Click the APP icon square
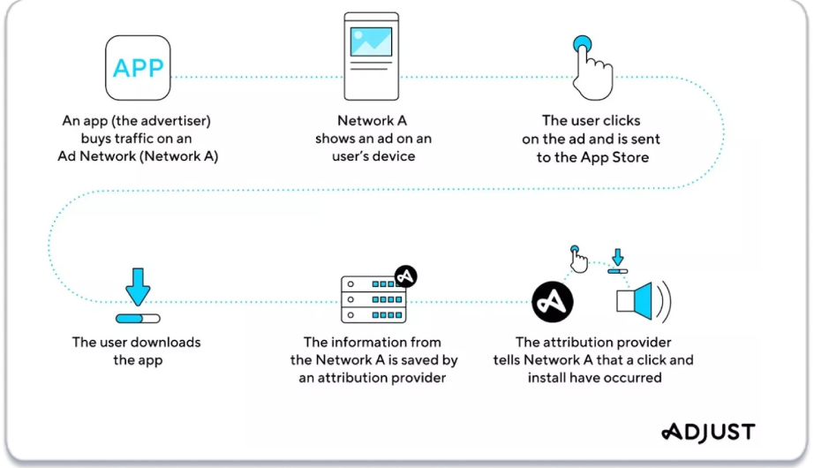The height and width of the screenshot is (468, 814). pyautogui.click(x=138, y=67)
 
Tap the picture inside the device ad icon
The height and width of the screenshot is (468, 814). pyautogui.click(x=371, y=42)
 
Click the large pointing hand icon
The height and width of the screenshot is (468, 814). pyautogui.click(x=592, y=67)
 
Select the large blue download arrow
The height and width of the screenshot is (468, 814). pyautogui.click(x=138, y=287)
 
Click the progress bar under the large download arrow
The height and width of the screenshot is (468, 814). pyautogui.click(x=138, y=319)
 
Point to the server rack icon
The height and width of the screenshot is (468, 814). pyautogui.click(x=373, y=299)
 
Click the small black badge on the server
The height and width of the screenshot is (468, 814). pyautogui.click(x=405, y=276)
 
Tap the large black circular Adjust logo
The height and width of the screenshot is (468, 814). pyautogui.click(x=553, y=302)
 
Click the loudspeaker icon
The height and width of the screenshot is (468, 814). pyautogui.click(x=644, y=301)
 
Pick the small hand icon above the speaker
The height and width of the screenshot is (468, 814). pyautogui.click(x=578, y=260)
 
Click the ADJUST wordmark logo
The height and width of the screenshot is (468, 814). pyautogui.click(x=708, y=432)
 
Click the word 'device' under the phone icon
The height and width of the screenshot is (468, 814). pyautogui.click(x=394, y=156)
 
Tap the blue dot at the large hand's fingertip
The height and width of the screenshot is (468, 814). pyautogui.click(x=582, y=43)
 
